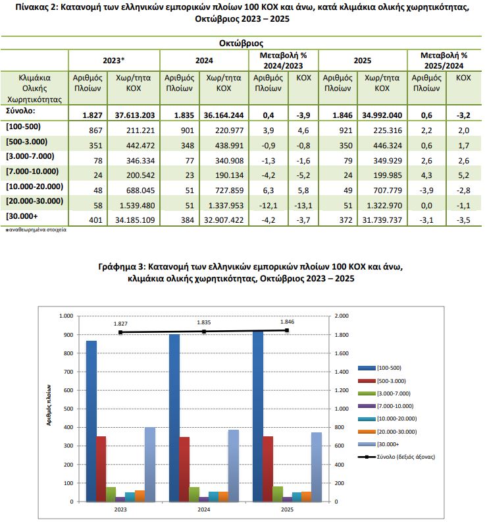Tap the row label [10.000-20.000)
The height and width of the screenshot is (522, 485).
34,187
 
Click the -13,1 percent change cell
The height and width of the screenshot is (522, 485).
303,204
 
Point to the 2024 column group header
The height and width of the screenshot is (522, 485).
203,60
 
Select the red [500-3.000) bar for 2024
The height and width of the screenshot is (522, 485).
184,469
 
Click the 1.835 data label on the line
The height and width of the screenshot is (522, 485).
204,323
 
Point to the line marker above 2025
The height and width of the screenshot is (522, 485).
287,330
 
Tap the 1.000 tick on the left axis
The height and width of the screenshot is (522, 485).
65,316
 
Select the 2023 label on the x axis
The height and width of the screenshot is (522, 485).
120,510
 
